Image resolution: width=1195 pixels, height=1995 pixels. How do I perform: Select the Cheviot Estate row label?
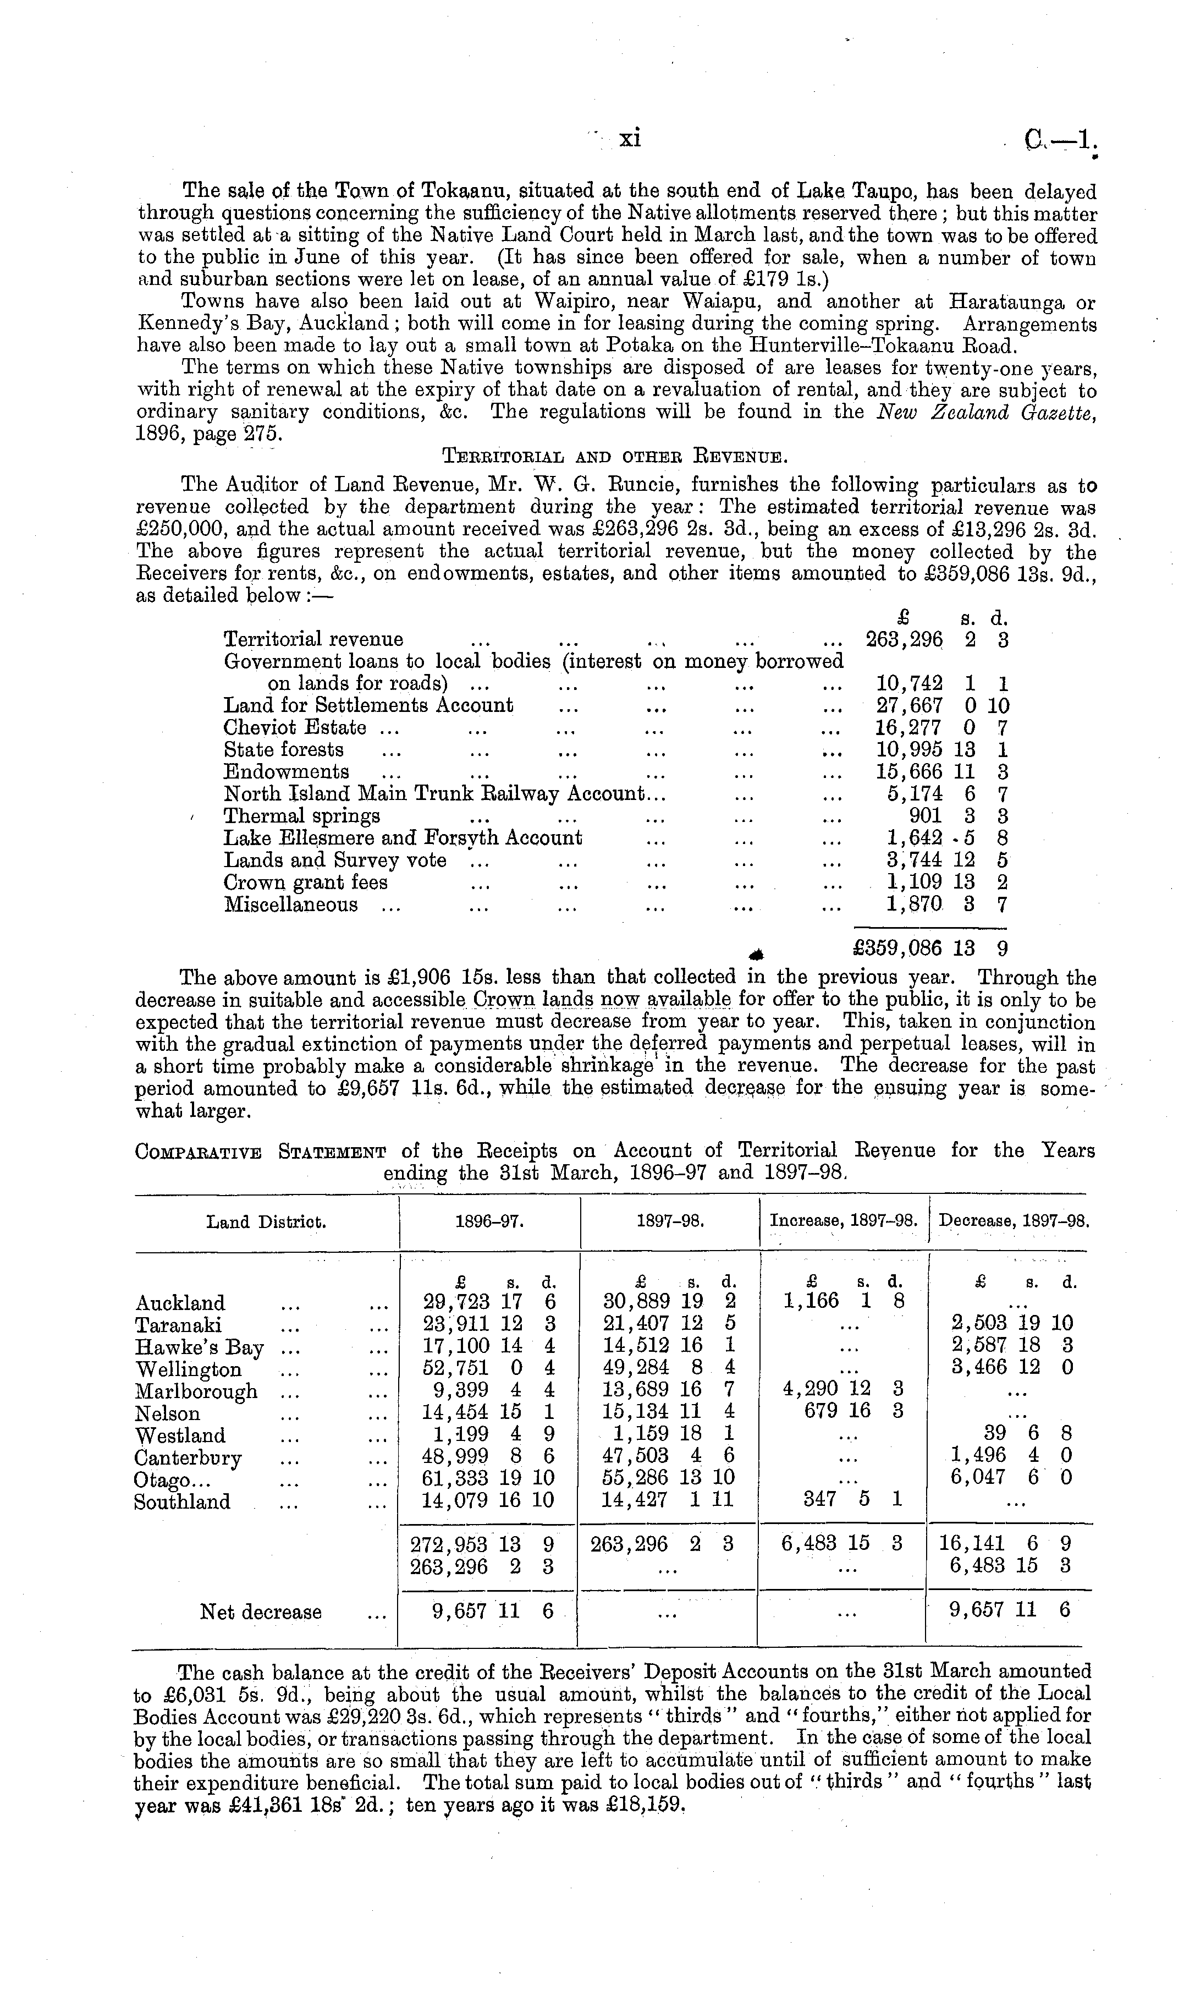coord(295,727)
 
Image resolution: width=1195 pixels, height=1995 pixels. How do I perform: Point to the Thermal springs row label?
coord(302,816)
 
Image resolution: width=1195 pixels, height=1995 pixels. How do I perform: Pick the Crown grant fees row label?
coord(305,882)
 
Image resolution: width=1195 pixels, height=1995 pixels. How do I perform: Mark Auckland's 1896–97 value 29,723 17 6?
coord(489,1302)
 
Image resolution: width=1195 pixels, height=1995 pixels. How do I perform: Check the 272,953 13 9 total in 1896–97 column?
coord(482,1544)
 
